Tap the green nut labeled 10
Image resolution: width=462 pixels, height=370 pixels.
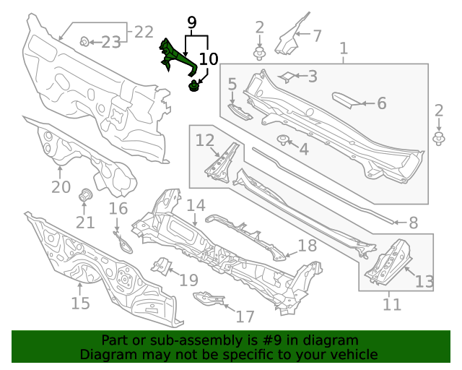tap(193, 87)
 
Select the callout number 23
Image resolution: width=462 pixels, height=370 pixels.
tap(110, 43)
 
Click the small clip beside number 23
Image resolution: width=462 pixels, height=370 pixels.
tap(84, 42)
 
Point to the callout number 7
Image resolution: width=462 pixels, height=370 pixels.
tap(316, 34)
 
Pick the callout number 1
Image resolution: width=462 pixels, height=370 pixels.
tap(344, 49)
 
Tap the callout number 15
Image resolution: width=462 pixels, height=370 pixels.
tap(80, 302)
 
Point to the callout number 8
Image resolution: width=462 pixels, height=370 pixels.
tap(413, 223)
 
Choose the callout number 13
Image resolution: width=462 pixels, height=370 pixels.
tap(424, 281)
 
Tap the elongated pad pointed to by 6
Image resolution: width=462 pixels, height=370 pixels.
tap(349, 99)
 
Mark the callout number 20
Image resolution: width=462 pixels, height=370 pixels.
tap(61, 186)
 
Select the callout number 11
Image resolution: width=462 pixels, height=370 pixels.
tap(391, 304)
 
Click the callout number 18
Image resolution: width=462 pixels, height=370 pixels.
tap(307, 246)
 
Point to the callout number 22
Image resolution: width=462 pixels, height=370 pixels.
tap(144, 32)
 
